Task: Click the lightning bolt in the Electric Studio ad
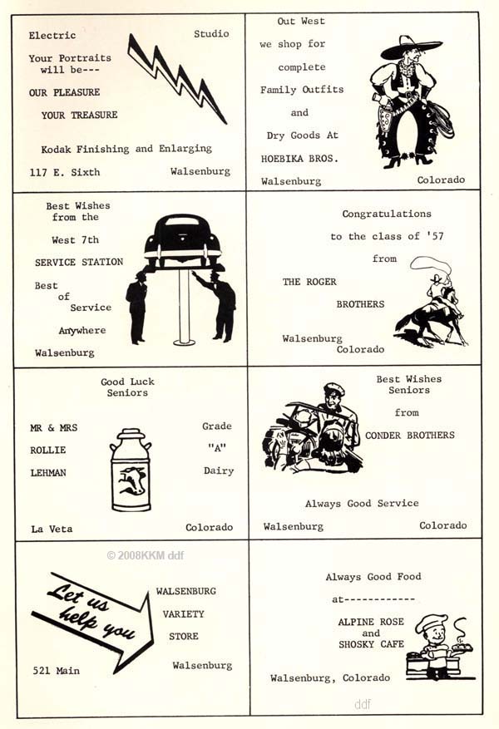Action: point(175,78)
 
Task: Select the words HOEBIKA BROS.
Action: point(299,159)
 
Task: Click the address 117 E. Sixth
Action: point(65,173)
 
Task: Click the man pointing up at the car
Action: point(219,305)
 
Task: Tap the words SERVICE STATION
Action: point(79,262)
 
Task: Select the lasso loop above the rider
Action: point(430,265)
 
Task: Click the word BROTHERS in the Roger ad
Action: point(360,304)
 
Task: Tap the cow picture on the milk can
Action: point(131,480)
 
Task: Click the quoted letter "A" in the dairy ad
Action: point(217,448)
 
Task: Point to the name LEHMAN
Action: point(48,473)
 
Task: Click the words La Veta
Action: point(52,529)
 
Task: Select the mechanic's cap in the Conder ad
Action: point(333,389)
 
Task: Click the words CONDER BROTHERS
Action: point(410,436)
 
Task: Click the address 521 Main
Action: point(57,671)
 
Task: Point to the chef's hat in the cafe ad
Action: point(431,623)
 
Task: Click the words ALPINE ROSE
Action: point(371,622)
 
